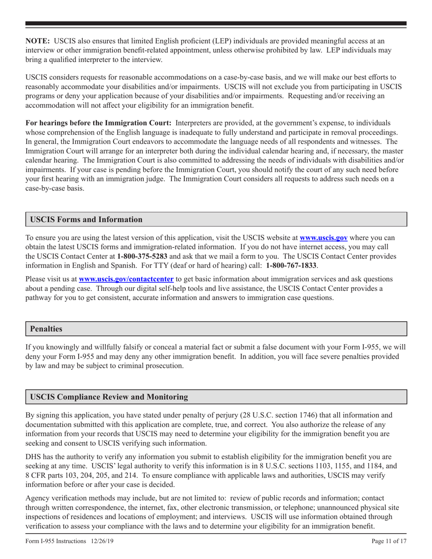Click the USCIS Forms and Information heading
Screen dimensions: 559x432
(x=86, y=220)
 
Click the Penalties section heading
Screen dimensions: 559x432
(x=46, y=329)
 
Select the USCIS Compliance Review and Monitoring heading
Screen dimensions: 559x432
(x=109, y=397)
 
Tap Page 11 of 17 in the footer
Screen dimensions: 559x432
(x=389, y=541)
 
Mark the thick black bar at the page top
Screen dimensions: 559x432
(x=216, y=24)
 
